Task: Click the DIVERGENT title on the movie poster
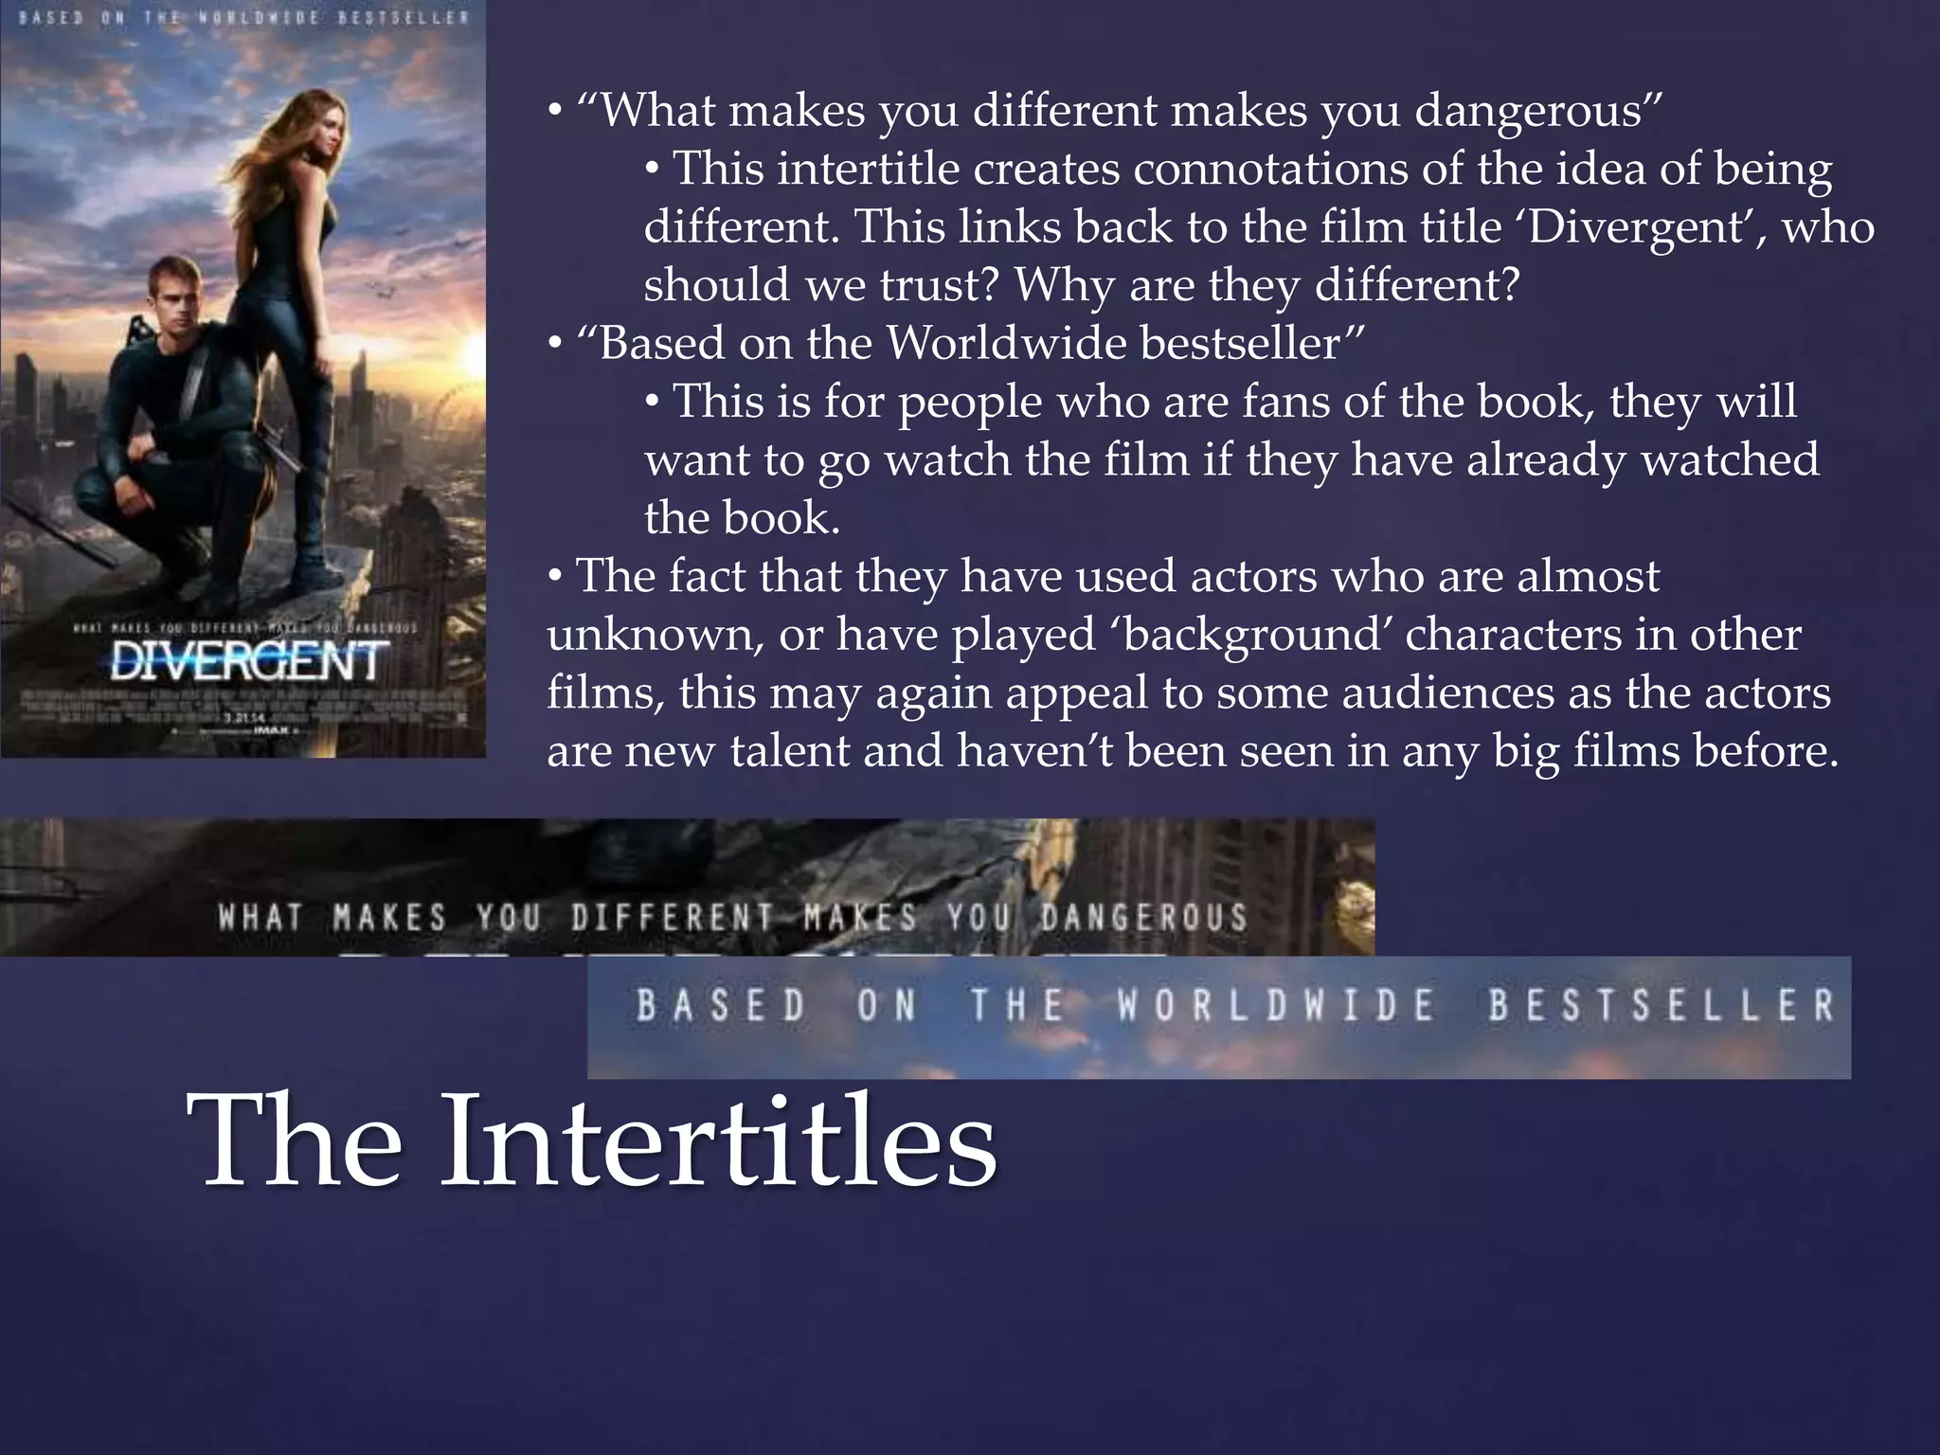pyautogui.click(x=247, y=661)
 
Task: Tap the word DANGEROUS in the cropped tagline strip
pyautogui.click(x=1144, y=917)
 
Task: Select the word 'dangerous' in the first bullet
pyautogui.click(x=1538, y=112)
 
